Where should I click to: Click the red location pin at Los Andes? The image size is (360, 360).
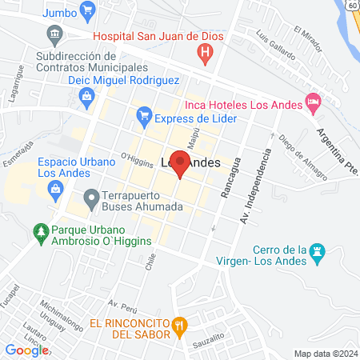point(181,165)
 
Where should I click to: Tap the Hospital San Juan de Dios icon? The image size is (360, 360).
point(206,54)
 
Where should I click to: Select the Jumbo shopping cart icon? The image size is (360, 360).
point(88,11)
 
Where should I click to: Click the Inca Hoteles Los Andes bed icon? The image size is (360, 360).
point(313,103)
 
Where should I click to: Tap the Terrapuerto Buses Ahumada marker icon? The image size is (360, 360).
point(90,197)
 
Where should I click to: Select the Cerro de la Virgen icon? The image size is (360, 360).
point(317,251)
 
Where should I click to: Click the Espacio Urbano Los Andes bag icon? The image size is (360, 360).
point(55,190)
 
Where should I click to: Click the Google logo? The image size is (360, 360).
point(26,350)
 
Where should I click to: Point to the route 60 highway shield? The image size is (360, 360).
point(353,5)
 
